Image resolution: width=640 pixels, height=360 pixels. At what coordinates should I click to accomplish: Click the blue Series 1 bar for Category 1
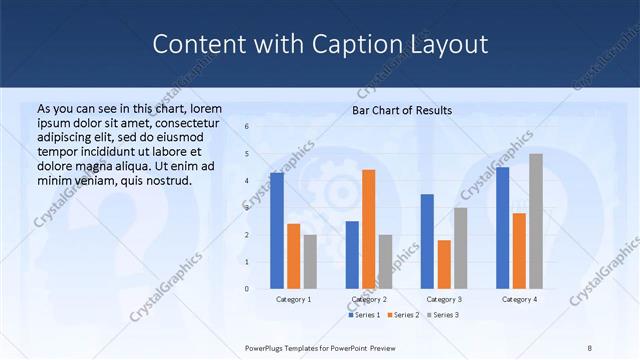(277, 231)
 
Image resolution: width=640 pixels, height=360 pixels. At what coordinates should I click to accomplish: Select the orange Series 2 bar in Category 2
(369, 229)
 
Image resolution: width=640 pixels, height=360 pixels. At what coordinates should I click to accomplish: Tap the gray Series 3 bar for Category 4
(536, 221)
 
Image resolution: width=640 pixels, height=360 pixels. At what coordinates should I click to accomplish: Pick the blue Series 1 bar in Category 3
(427, 241)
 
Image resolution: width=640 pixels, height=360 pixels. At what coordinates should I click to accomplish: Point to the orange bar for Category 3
(444, 264)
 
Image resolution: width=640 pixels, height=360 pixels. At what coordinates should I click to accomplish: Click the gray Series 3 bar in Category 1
(310, 262)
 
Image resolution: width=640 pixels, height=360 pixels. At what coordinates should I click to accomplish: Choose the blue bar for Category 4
(502, 228)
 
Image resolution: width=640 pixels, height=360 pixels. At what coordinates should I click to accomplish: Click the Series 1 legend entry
(364, 315)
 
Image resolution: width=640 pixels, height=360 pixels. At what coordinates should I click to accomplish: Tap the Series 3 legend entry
(444, 315)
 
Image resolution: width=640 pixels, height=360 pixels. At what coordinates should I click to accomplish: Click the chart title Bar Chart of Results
(402, 110)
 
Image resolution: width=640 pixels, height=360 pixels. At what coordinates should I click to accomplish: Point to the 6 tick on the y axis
(247, 127)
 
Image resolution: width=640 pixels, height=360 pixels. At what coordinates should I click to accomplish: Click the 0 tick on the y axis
(247, 289)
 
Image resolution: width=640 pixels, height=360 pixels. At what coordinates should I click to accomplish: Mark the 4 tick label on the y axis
(247, 181)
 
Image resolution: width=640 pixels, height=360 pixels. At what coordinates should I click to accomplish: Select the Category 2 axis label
(369, 299)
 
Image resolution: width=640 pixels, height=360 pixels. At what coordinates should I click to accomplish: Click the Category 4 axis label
(519, 299)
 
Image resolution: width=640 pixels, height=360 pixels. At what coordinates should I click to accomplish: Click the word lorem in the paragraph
(205, 108)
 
